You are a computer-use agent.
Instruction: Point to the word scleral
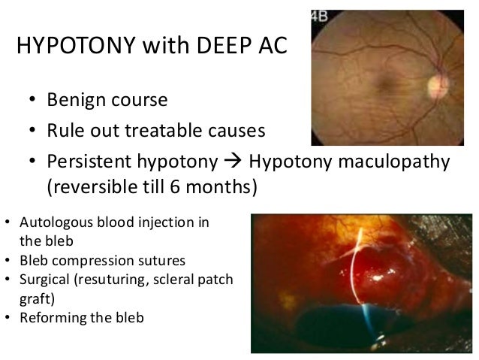(x=170, y=280)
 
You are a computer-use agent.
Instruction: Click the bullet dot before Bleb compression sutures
(x=8, y=262)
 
